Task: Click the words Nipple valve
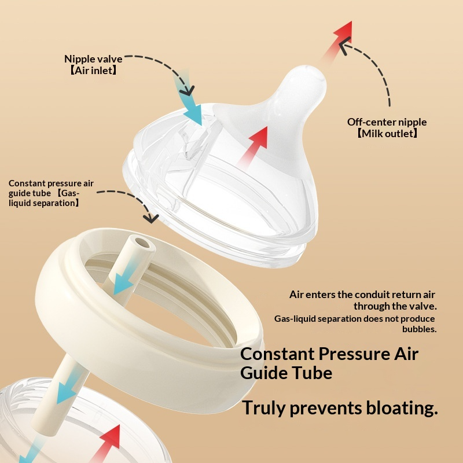pyautogui.click(x=93, y=59)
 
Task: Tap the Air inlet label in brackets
pyautogui.click(x=93, y=71)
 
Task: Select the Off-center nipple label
pyautogui.click(x=387, y=122)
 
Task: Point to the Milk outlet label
pyautogui.click(x=387, y=134)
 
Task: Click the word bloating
pyautogui.click(x=402, y=408)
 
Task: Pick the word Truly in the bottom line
pyautogui.click(x=264, y=409)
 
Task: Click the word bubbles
pyautogui.click(x=419, y=329)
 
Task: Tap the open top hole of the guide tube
pyautogui.click(x=142, y=242)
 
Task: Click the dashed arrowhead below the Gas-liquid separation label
pyautogui.click(x=150, y=218)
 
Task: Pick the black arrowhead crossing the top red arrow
pyautogui.click(x=344, y=45)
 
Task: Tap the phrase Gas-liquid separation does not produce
pyautogui.click(x=354, y=319)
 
